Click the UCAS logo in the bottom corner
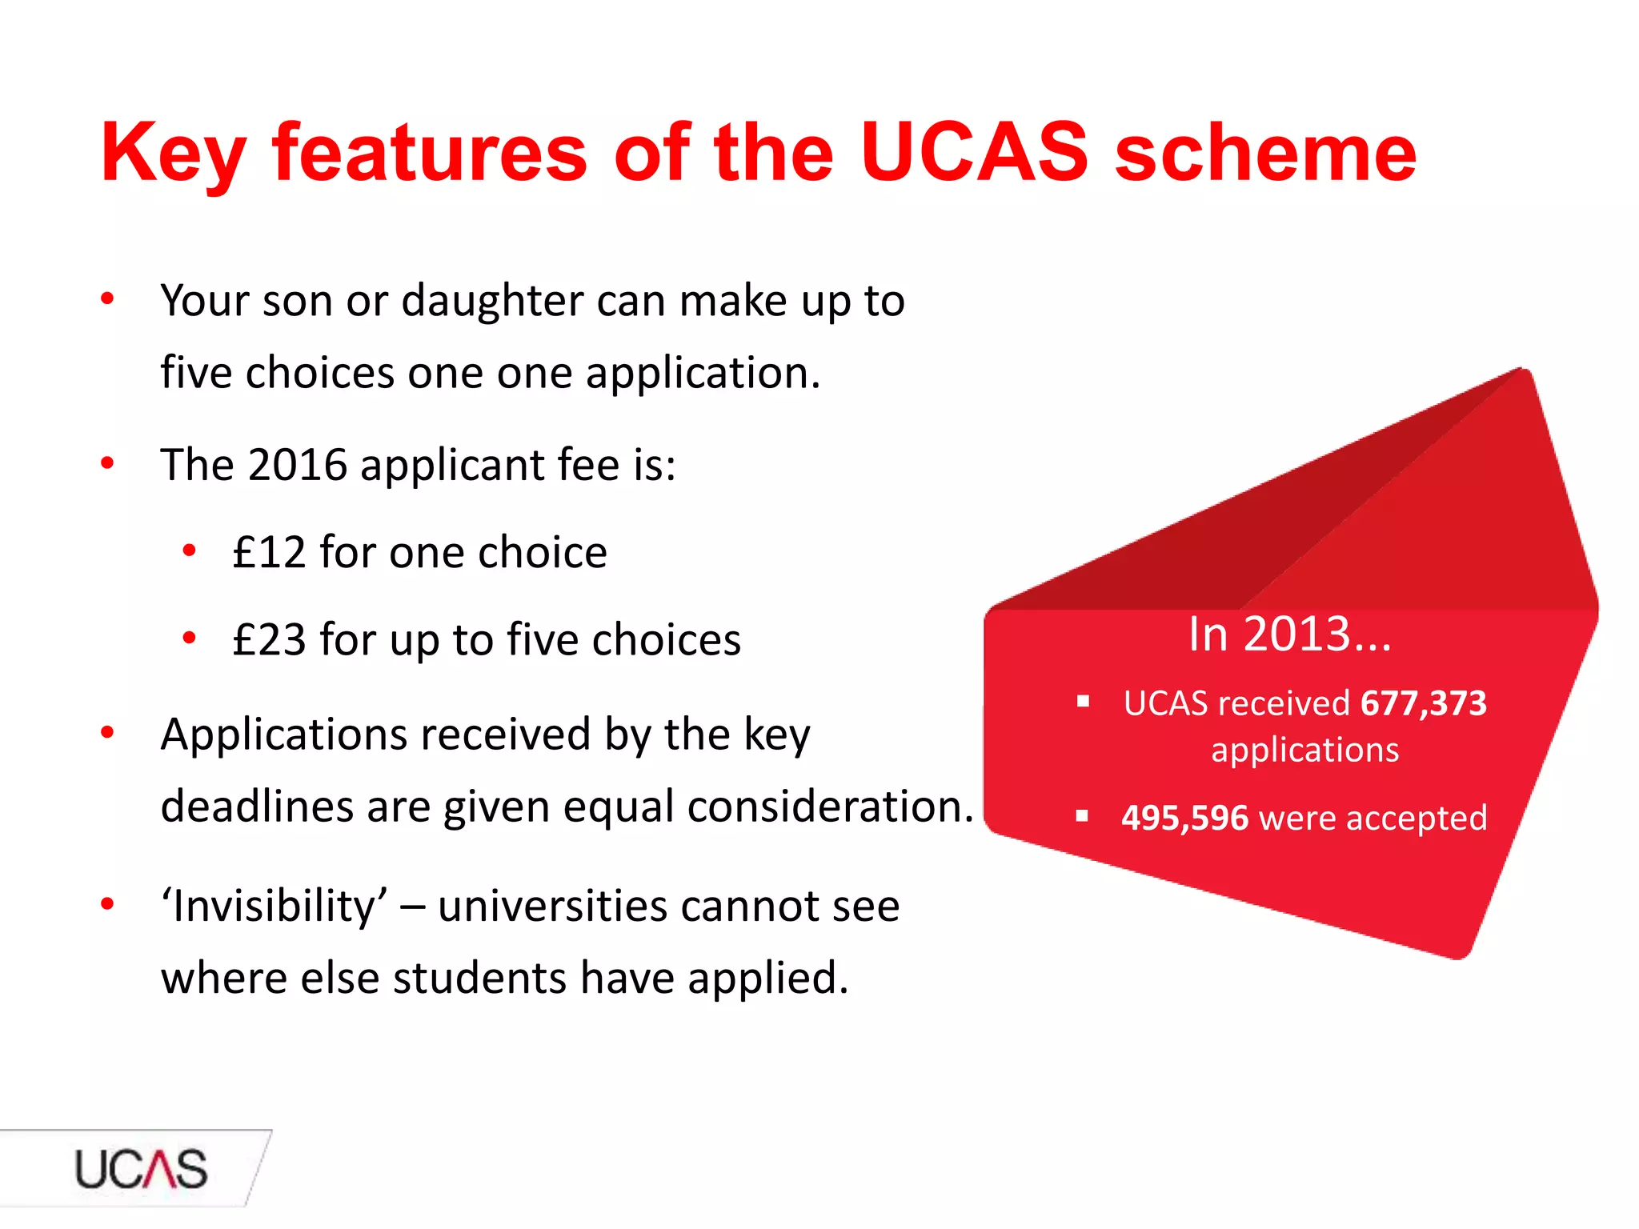141,1169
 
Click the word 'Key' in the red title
172,154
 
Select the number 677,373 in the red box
1423,703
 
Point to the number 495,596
1184,818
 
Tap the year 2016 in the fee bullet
298,465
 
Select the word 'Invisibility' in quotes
275,907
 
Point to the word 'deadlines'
257,806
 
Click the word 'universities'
552,907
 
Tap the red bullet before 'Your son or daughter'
107,299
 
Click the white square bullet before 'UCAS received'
1084,703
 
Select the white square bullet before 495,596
1083,817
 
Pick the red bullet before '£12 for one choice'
189,550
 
